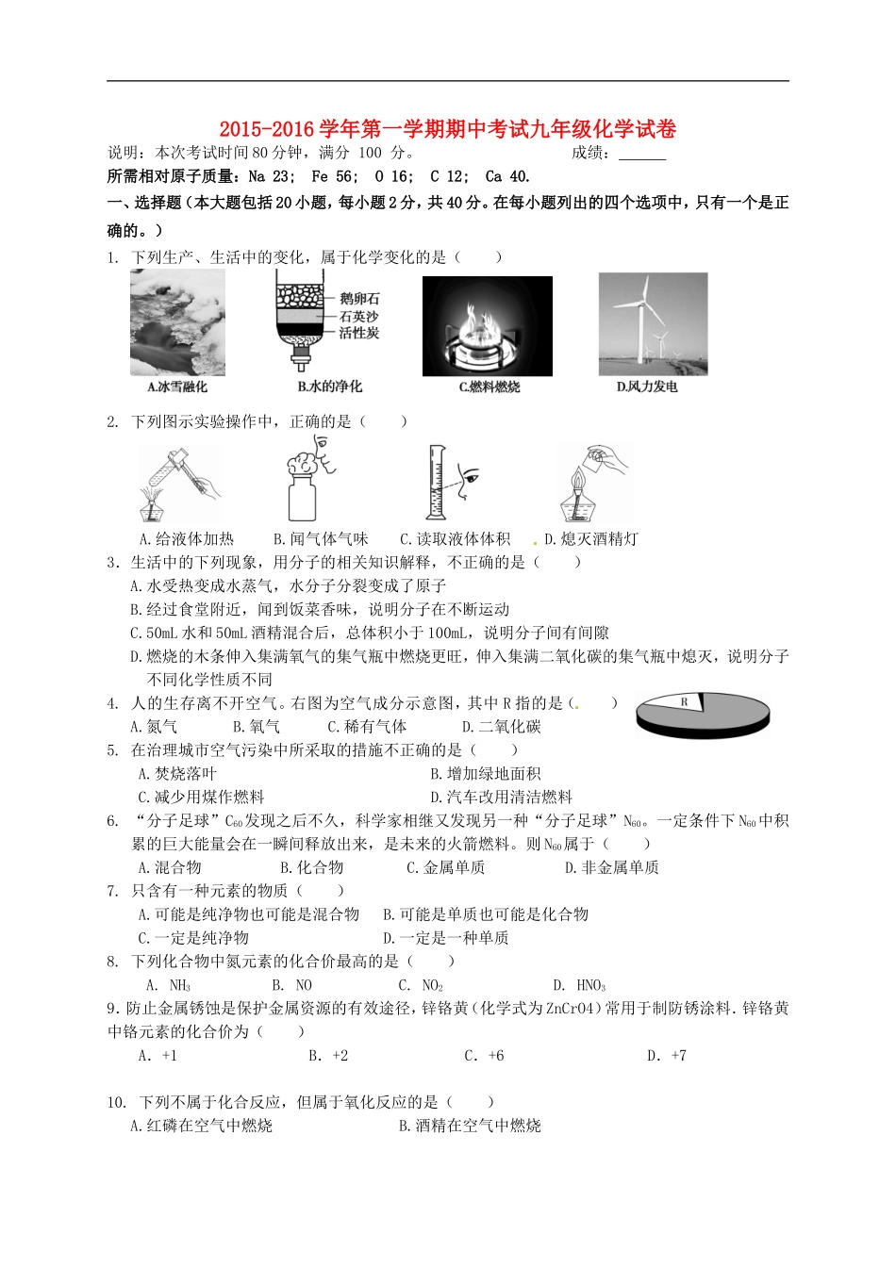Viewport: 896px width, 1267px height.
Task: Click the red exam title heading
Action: [x=448, y=128]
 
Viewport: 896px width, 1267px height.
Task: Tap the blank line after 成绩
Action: [x=642, y=154]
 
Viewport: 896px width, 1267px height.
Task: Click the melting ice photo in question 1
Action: [x=177, y=323]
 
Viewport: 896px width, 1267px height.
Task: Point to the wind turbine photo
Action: [x=653, y=324]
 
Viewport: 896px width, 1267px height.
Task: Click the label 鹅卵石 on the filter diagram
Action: [x=359, y=299]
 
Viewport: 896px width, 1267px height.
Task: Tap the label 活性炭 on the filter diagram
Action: [x=359, y=333]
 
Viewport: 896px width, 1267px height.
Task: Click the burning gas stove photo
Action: [x=487, y=326]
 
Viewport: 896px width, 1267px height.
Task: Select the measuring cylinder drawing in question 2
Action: [x=435, y=483]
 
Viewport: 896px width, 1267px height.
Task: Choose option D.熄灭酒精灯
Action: [x=591, y=539]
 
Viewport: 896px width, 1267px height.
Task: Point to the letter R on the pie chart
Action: [x=685, y=702]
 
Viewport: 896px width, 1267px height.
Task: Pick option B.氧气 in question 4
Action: [x=257, y=727]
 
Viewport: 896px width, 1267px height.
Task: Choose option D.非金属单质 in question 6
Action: [x=611, y=867]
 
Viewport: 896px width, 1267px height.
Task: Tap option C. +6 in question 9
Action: [x=484, y=1056]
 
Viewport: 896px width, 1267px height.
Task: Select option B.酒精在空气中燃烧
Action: [x=470, y=1126]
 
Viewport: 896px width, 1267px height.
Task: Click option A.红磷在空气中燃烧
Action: [x=201, y=1126]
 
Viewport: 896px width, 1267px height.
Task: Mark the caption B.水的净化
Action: [x=329, y=387]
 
